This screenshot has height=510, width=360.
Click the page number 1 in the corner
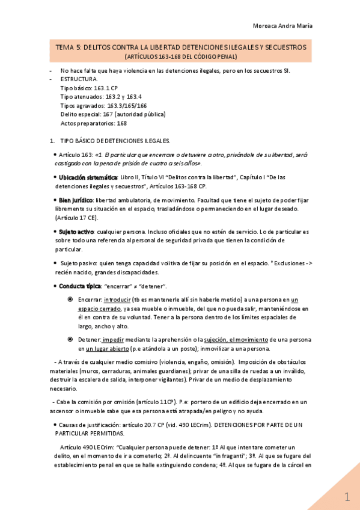347,497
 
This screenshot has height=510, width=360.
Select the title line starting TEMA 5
181,47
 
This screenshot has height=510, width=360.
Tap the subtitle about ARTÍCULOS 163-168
181,57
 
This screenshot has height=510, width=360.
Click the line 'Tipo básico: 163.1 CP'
89,88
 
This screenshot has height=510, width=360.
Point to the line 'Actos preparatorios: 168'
94,123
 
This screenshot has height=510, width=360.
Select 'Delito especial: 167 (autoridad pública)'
113,114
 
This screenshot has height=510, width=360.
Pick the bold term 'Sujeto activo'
76,232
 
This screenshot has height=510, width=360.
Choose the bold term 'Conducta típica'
79,286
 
